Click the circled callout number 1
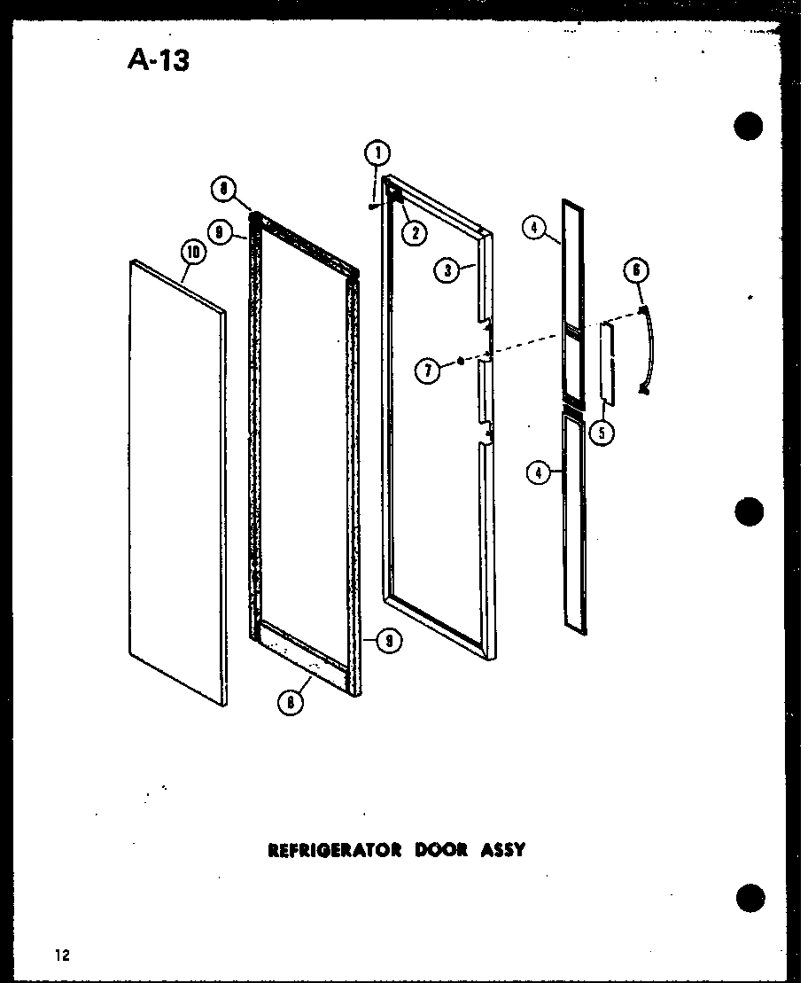click(377, 153)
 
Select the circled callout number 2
click(413, 233)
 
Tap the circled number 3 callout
click(448, 270)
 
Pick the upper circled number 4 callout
click(534, 229)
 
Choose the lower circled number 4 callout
click(538, 472)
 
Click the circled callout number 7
click(428, 371)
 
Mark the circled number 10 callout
click(192, 254)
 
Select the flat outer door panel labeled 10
click(177, 479)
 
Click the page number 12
click(60, 955)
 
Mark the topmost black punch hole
click(749, 127)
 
